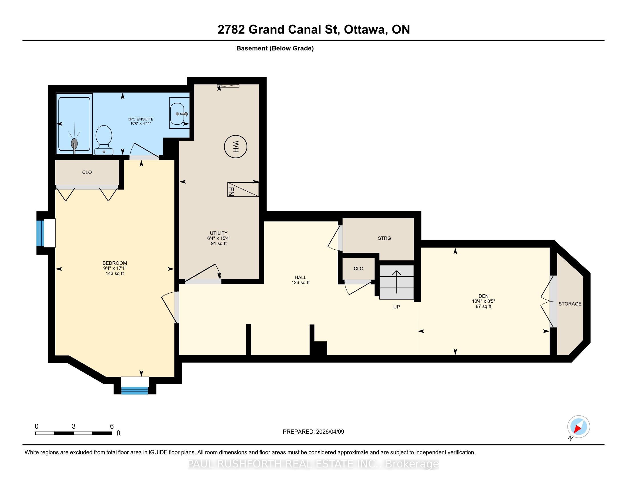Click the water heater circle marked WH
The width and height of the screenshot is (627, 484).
235,147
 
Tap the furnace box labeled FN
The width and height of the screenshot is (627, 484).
243,190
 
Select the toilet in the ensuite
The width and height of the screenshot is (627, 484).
104,140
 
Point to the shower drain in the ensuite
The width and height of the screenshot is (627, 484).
74,143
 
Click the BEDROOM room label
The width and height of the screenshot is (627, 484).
115,263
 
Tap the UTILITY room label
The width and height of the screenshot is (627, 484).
219,233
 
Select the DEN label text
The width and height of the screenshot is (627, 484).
483,296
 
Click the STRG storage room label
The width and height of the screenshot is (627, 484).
384,238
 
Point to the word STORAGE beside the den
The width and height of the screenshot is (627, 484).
570,304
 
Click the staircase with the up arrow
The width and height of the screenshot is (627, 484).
396,282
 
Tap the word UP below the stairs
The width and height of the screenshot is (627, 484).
396,307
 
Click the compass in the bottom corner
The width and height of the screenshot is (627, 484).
579,426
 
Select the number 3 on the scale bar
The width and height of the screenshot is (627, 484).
74,426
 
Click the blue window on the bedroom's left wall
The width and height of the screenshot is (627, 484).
40,233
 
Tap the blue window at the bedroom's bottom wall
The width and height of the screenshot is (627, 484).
135,391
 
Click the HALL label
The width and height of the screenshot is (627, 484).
300,278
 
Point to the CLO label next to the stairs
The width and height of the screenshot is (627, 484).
359,269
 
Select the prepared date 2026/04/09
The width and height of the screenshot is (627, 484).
329,432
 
